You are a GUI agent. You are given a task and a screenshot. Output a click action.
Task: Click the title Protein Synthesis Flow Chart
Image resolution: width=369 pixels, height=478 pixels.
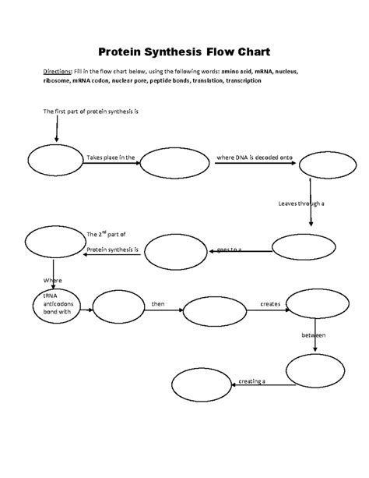pyautogui.click(x=184, y=52)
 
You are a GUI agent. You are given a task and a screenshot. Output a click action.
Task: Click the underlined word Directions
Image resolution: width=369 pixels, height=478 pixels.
pyautogui.click(x=56, y=70)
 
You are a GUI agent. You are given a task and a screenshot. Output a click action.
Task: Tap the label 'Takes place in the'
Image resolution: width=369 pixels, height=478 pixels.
pyautogui.click(x=111, y=157)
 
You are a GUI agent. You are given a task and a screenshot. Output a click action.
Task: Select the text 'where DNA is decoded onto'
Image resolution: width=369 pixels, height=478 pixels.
pyautogui.click(x=254, y=157)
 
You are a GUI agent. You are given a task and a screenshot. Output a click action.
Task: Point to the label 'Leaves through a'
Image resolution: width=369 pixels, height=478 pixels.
pyautogui.click(x=300, y=204)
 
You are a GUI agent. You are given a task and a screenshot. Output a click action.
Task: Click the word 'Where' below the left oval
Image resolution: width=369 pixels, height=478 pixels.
pyautogui.click(x=52, y=279)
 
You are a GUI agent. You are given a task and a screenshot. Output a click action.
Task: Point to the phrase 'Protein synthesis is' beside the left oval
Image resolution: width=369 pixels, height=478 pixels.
pyautogui.click(x=113, y=249)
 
